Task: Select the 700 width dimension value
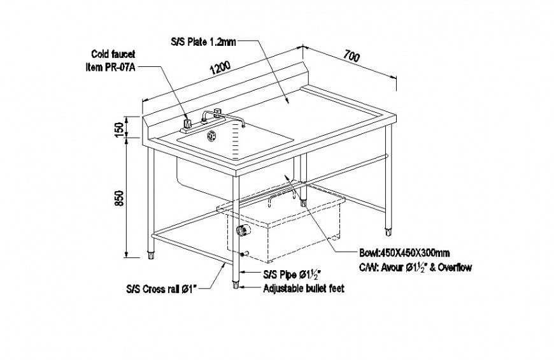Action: point(352,56)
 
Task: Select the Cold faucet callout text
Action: point(113,55)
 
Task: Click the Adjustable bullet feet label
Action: point(304,289)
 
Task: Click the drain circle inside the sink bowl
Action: point(211,134)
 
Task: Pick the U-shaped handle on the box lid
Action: point(283,200)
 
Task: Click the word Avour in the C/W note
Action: point(392,268)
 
